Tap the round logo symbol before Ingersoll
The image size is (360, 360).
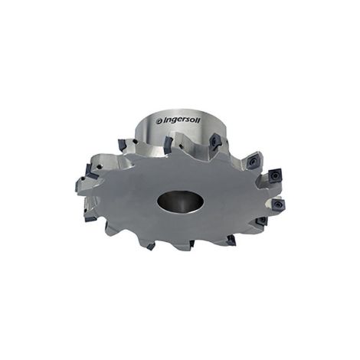[159, 121]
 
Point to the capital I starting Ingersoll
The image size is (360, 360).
[162, 120]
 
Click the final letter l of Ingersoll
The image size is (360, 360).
[200, 119]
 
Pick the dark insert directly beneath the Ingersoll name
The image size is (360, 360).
[169, 143]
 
